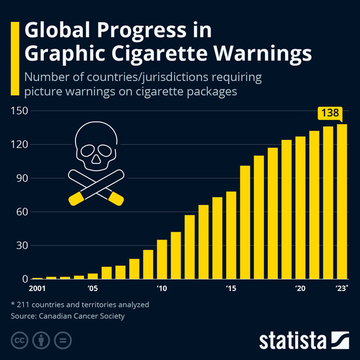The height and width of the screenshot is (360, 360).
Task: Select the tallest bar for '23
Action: (342, 201)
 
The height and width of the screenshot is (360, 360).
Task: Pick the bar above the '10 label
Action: (161, 259)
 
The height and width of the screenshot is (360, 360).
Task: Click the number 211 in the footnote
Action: (26, 304)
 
